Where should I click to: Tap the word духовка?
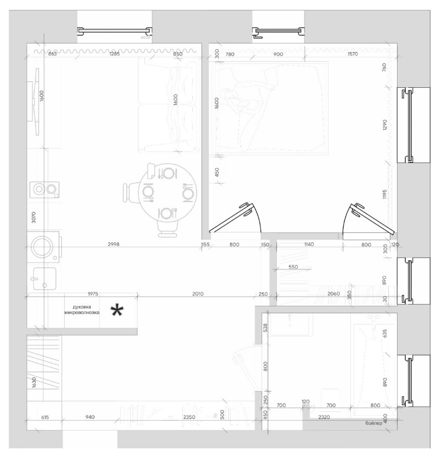pos(82,307)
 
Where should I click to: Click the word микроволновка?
pos(82,313)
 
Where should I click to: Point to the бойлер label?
pos(374,423)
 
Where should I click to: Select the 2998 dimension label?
pos(113,244)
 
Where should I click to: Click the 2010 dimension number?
pos(198,294)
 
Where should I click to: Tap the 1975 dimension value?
pos(93,294)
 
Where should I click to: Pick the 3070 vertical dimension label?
pos(34,217)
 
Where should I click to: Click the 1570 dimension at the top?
pos(352,54)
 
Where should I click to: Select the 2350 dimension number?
pos(189,417)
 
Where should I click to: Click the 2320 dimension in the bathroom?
pos(324,417)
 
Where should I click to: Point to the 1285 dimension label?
pos(114,54)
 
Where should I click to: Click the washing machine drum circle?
pos(42,247)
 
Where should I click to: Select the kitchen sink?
pos(45,279)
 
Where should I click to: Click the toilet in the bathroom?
pos(331,401)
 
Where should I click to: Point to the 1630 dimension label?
pos(34,382)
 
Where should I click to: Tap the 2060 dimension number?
pos(333,294)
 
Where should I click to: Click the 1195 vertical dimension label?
pos(384,194)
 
